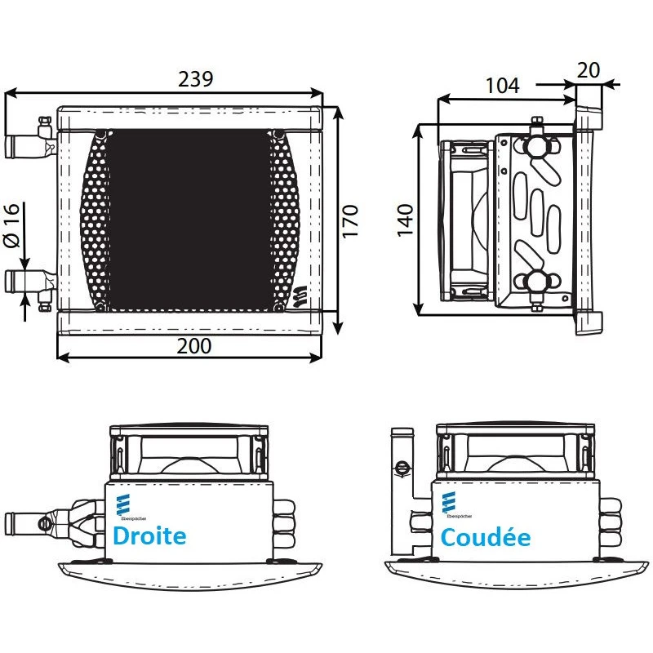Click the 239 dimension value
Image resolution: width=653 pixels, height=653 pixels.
(x=195, y=79)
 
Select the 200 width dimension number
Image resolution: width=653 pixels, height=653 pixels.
(x=193, y=345)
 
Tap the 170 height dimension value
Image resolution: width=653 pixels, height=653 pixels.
(x=351, y=221)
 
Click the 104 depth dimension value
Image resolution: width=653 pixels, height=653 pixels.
(x=502, y=86)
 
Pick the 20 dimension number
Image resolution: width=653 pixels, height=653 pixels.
(x=589, y=70)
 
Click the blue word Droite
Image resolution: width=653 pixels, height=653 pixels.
(x=149, y=536)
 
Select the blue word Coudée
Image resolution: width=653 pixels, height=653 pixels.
(x=485, y=537)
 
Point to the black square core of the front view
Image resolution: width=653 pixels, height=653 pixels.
(x=189, y=219)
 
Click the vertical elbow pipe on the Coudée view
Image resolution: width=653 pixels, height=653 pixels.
(x=401, y=490)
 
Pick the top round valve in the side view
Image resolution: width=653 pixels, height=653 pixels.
(x=536, y=145)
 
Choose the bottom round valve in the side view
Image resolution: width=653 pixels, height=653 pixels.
(x=536, y=282)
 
